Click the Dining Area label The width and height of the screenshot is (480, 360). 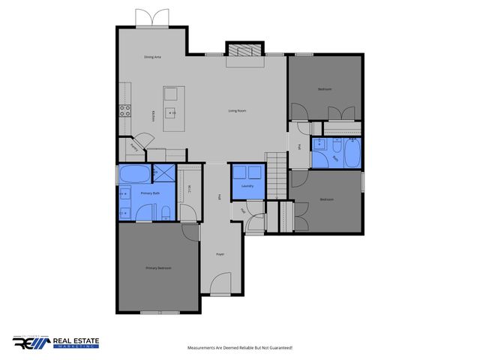click(153, 58)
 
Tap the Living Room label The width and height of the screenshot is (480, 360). click(238, 111)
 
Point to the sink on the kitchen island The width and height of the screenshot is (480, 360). click(171, 114)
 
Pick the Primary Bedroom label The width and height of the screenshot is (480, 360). click(158, 268)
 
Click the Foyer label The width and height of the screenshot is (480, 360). click(220, 255)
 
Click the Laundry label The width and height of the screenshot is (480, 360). click(247, 185)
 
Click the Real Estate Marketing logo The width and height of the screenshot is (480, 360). click(55, 343)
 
